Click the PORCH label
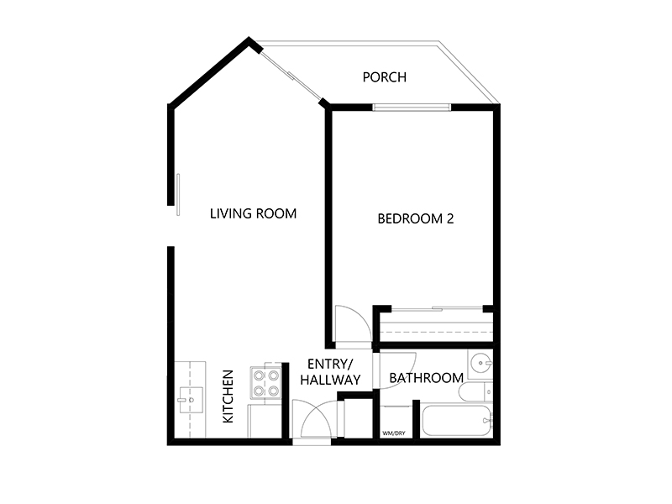[x=385, y=77]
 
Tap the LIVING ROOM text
[x=254, y=213]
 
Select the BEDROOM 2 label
[x=415, y=218]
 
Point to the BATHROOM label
[x=427, y=378]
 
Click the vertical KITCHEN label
[x=228, y=396]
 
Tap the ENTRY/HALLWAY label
[x=330, y=371]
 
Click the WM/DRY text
[x=393, y=433]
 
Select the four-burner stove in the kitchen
[x=265, y=383]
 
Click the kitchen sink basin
[x=192, y=400]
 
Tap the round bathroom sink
[x=480, y=364]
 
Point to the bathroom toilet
[x=475, y=391]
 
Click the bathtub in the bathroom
[x=457, y=421]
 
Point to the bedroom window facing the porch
[x=412, y=108]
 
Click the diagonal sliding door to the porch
[x=291, y=76]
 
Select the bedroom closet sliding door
[x=437, y=308]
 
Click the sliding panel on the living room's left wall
[x=178, y=195]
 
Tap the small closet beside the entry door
[x=359, y=418]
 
